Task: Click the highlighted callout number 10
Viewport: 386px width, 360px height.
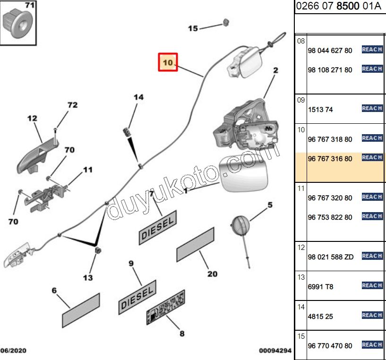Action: click(167, 62)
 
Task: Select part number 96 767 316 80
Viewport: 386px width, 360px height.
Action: click(330, 159)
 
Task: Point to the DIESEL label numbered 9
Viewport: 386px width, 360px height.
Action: click(137, 295)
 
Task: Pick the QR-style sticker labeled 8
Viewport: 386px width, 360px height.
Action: click(166, 308)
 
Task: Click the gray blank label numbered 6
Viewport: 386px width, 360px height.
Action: click(81, 310)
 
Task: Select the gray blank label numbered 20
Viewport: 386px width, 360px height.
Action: click(195, 244)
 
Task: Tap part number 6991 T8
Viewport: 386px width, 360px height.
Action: click(320, 287)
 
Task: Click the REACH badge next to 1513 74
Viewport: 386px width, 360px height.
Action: click(372, 109)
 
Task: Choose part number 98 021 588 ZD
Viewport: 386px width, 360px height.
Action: click(330, 257)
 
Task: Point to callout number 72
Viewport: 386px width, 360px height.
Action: click(72, 105)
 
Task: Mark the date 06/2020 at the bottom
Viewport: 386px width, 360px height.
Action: click(13, 351)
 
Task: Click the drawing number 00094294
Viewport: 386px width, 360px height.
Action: click(275, 351)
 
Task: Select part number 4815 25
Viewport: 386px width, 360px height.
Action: click(320, 317)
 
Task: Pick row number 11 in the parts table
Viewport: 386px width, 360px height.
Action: click(301, 188)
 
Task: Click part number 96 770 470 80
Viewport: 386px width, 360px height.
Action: click(330, 346)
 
